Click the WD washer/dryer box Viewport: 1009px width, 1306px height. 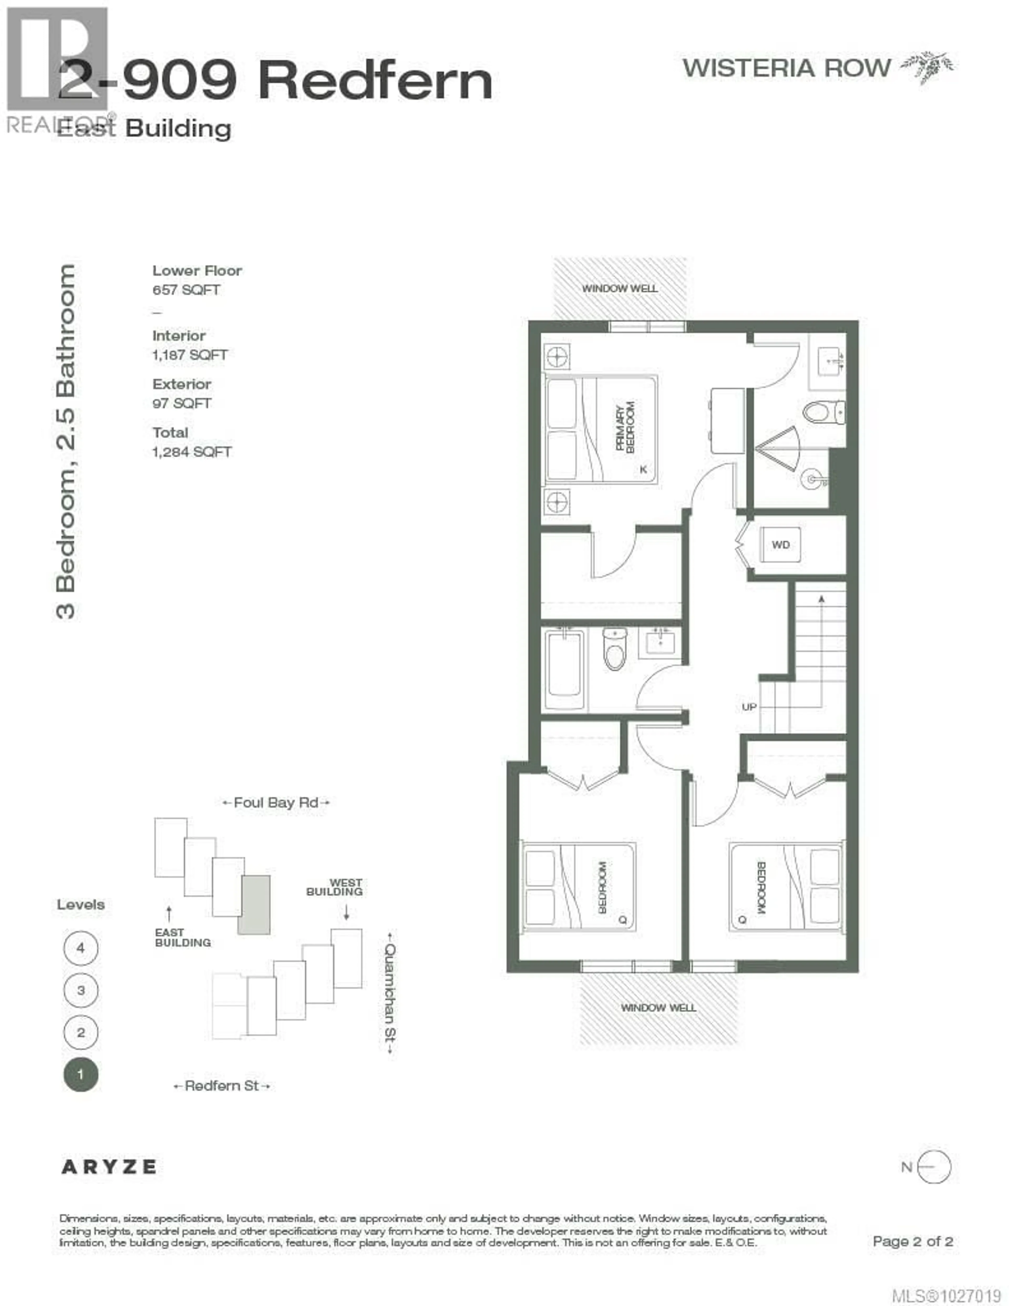tap(780, 545)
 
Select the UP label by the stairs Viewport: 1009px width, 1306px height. tap(749, 707)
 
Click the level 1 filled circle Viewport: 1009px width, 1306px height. tap(81, 1075)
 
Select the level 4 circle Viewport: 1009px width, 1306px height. tap(81, 948)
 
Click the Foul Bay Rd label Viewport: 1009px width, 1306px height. tap(276, 803)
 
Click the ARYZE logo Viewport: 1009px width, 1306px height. tap(109, 1167)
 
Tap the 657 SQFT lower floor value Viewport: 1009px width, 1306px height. tap(186, 290)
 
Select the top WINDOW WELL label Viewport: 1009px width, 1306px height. tap(620, 288)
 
